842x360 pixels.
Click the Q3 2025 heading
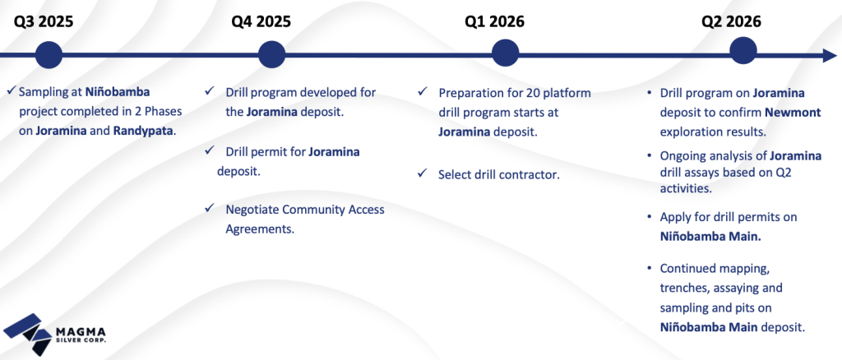coord(44,21)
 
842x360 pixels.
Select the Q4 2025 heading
coord(261,21)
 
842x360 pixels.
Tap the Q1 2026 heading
coord(494,21)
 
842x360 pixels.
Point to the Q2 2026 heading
coord(731,21)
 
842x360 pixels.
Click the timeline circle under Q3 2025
coord(49,55)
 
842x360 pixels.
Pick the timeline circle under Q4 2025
coord(271,55)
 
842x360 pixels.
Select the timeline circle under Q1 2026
coord(506,53)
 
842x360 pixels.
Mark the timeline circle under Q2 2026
coord(743,52)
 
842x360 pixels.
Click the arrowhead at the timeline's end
coord(830,55)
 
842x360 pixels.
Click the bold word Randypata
coord(144,131)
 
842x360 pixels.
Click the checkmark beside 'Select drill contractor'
coord(422,173)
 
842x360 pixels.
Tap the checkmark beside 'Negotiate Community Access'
coord(209,208)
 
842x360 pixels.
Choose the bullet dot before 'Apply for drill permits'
coord(650,217)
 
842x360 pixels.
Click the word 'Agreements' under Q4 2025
coord(260,229)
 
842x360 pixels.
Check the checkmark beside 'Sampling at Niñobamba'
coord(12,91)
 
